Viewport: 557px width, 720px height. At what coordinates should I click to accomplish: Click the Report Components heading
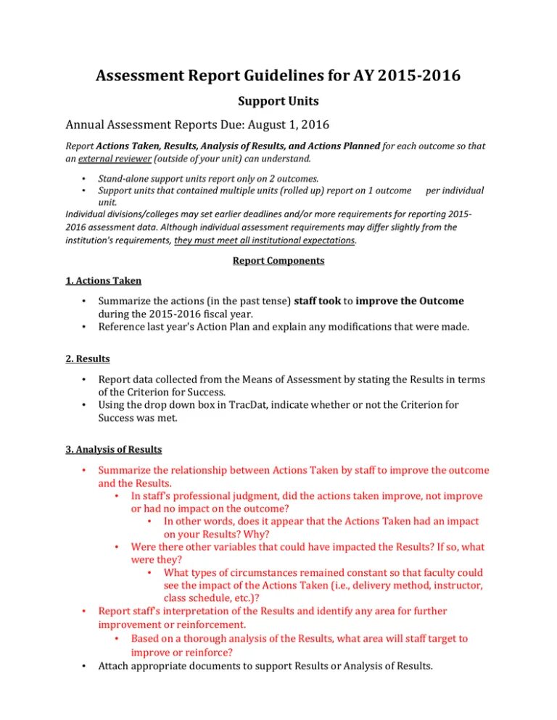pos(278,261)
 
